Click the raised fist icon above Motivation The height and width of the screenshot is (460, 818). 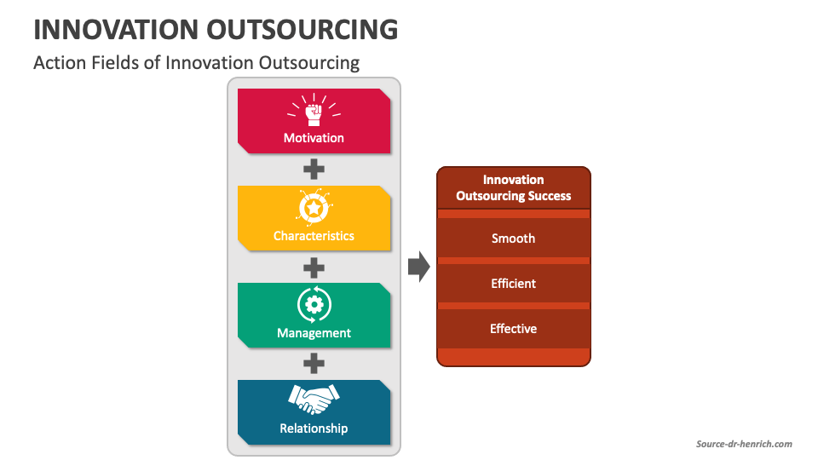pos(314,110)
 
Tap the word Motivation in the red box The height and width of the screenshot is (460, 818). pos(314,138)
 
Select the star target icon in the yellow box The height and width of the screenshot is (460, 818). pos(314,207)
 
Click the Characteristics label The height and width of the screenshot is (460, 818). pos(314,236)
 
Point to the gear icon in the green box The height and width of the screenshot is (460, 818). pos(314,305)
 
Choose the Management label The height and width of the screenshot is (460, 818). pos(314,333)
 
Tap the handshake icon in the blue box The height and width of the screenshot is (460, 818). pos(314,399)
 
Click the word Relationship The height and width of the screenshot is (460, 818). pos(314,428)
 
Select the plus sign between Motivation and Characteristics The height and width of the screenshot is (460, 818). pos(314,170)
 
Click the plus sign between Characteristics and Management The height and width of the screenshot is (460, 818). pos(314,268)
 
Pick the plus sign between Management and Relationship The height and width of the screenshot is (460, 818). pos(314,364)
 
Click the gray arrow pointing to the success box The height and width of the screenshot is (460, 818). pos(419,267)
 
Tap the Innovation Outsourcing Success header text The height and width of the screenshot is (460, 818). pos(513,187)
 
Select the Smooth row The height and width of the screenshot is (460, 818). pos(513,238)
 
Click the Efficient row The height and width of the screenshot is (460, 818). pos(513,283)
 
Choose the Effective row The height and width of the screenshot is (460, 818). pos(513,329)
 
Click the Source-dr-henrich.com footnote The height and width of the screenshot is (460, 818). pos(744,444)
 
